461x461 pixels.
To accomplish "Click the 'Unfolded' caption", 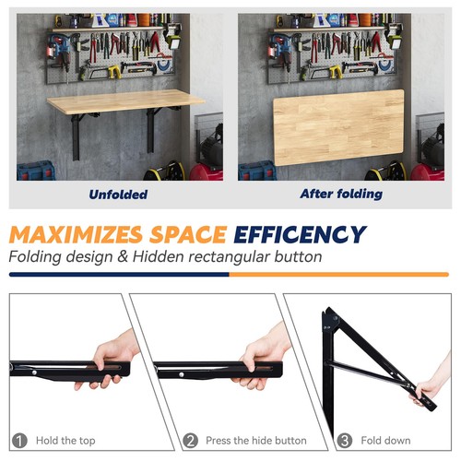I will (x=117, y=195).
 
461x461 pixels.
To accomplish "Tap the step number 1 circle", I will (x=19, y=441).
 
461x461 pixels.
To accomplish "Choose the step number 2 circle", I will (x=191, y=441).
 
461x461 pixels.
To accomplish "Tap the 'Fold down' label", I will (x=384, y=442).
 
